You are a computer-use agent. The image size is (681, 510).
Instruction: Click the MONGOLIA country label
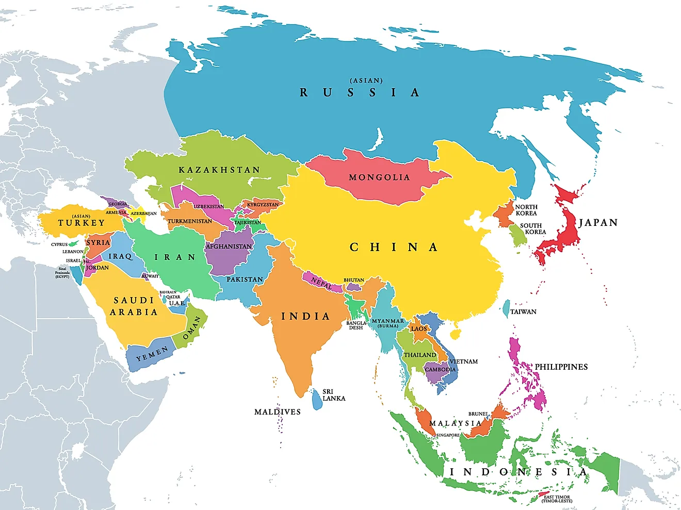379,177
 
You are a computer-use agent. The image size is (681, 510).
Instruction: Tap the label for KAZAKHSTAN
219,170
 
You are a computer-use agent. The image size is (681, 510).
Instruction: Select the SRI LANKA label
333,395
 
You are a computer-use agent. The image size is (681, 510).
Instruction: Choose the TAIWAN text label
523,312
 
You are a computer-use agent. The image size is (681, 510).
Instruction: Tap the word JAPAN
598,223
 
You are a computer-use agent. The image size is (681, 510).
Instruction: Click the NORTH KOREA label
526,210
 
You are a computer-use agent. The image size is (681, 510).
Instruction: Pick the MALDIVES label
277,412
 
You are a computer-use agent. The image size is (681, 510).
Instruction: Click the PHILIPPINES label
561,367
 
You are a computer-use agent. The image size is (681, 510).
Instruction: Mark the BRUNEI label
478,414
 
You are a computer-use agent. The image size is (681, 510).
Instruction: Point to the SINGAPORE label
448,435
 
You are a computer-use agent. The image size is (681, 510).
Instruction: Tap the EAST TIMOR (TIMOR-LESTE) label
557,499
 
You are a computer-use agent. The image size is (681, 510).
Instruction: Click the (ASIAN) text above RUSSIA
366,81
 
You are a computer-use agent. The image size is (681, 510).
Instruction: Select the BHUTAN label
354,280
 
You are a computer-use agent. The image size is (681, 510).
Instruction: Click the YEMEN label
152,354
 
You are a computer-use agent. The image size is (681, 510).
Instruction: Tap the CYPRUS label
59,244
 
